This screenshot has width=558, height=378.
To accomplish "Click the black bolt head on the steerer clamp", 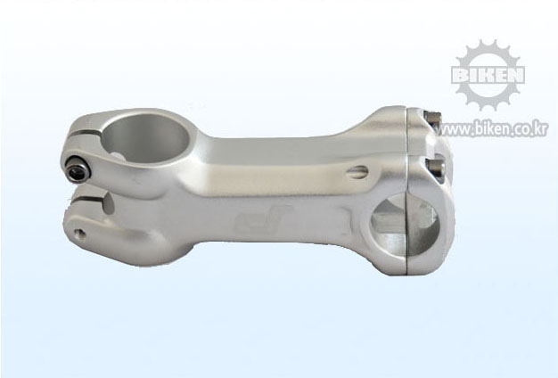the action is point(78,172).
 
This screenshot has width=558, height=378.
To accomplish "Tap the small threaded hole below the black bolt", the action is point(79,234).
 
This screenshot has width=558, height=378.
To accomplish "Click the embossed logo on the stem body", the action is point(263,218).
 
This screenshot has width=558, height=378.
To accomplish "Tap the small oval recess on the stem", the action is point(357,171).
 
